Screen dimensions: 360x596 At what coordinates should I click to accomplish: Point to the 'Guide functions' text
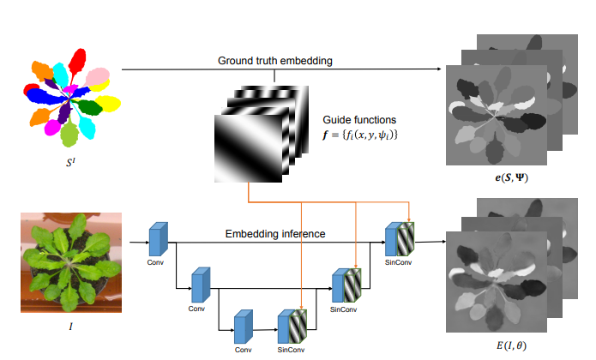pyautogui.click(x=359, y=119)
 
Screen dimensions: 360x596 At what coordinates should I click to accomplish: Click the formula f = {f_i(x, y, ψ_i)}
pyautogui.click(x=360, y=135)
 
